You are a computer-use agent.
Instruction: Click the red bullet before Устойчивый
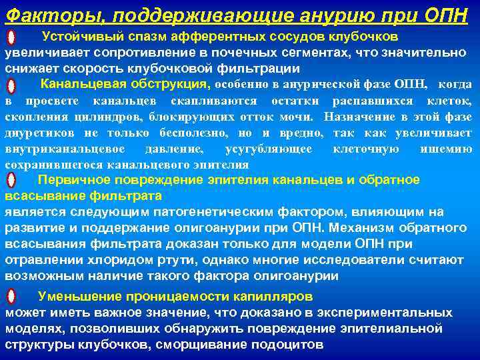[x=11, y=37]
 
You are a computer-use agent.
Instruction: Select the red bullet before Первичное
[x=11, y=181]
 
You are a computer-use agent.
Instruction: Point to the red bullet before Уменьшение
[x=11, y=297]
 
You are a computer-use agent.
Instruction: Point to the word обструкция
[x=175, y=84]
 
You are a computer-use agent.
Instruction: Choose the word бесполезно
[x=186, y=133]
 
